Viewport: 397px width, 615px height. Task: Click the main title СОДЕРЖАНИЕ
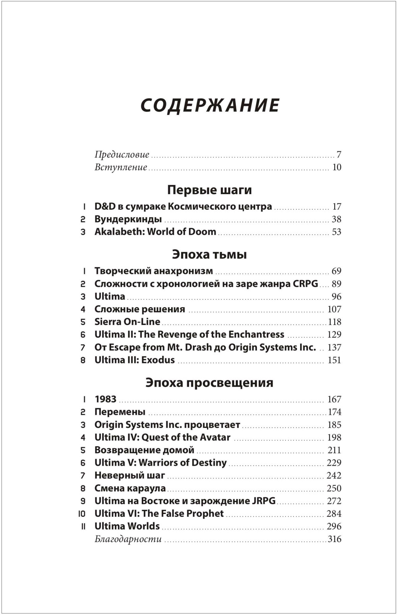pyautogui.click(x=210, y=106)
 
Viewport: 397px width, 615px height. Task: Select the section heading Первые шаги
pyautogui.click(x=209, y=190)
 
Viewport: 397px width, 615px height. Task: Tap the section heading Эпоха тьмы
pyautogui.click(x=209, y=254)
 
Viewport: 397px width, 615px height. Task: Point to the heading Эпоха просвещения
pyautogui.click(x=209, y=382)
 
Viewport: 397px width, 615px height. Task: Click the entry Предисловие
pyautogui.click(x=122, y=155)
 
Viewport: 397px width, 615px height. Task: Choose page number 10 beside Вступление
pyautogui.click(x=336, y=167)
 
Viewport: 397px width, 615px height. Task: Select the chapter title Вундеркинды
pyautogui.click(x=128, y=219)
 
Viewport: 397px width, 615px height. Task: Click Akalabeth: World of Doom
pyautogui.click(x=155, y=232)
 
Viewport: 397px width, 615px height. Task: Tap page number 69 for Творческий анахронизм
pyautogui.click(x=336, y=271)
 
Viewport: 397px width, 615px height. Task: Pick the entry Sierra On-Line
pyautogui.click(x=127, y=322)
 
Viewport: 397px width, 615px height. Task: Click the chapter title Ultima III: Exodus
pyautogui.click(x=135, y=360)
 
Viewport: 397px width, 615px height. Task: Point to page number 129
pyautogui.click(x=334, y=334)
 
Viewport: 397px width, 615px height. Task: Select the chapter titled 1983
pyautogui.click(x=105, y=399)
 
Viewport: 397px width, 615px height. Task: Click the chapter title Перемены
pyautogui.click(x=120, y=412)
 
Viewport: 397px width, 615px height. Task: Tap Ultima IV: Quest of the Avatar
pyautogui.click(x=162, y=437)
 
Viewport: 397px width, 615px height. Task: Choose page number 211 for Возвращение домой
pyautogui.click(x=334, y=450)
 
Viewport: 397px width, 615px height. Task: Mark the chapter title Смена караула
pyautogui.click(x=130, y=488)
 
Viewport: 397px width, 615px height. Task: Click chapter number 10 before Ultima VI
pyautogui.click(x=82, y=514)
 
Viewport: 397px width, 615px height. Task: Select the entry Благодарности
pyautogui.click(x=128, y=539)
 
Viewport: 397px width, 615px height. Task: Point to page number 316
pyautogui.click(x=334, y=539)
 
